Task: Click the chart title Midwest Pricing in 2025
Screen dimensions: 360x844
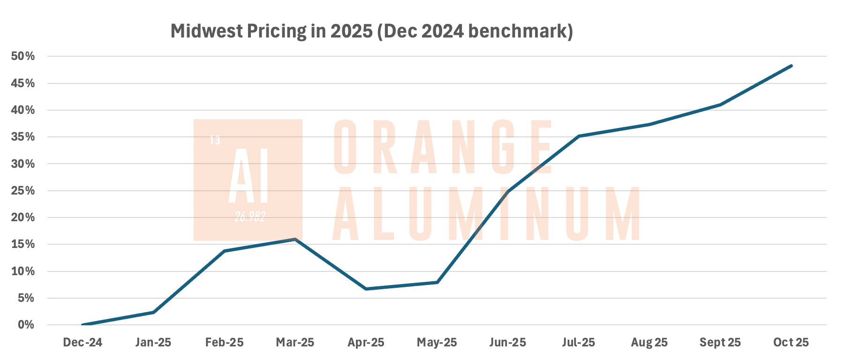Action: click(371, 31)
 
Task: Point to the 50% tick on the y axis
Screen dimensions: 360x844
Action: click(23, 56)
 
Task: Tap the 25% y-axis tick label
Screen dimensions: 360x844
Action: click(23, 191)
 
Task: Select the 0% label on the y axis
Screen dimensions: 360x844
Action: click(26, 325)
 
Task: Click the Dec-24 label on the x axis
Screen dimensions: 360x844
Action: click(83, 343)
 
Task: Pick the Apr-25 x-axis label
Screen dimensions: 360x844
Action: click(366, 343)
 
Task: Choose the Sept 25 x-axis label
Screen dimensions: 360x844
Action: click(720, 343)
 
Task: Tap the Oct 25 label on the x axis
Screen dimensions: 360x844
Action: click(791, 343)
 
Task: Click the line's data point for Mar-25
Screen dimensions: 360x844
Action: click(295, 239)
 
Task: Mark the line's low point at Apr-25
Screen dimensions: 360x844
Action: click(366, 289)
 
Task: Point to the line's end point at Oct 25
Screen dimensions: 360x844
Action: click(791, 66)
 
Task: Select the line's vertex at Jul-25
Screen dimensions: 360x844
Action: click(579, 136)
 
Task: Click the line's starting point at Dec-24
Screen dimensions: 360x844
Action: click(83, 325)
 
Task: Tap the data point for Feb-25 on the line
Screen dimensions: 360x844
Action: click(224, 251)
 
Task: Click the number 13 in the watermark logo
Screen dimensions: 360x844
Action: click(215, 140)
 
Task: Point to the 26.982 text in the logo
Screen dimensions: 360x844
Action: click(250, 217)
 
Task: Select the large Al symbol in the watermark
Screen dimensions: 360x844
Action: click(248, 175)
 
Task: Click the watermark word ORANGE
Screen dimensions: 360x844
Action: click(443, 146)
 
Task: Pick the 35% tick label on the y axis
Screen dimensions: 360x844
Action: click(23, 137)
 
